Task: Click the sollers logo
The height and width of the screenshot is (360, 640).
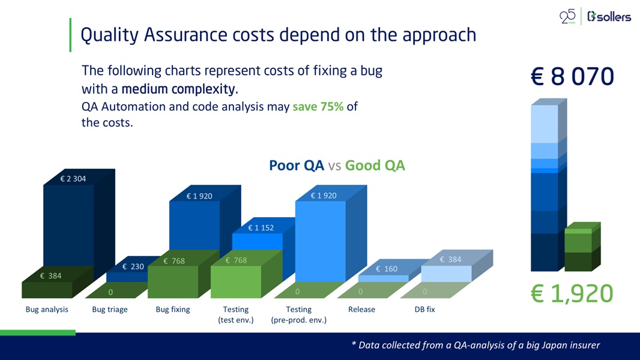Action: click(x=609, y=17)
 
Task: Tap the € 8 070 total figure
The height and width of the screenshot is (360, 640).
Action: click(x=572, y=77)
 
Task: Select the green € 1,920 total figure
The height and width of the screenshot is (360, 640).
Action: click(x=572, y=294)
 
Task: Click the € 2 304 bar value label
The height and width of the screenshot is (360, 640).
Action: click(x=73, y=178)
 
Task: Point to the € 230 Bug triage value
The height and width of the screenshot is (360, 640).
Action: click(x=133, y=266)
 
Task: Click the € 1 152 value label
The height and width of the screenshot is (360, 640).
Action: click(x=261, y=227)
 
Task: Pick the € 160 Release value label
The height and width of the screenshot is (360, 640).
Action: click(x=387, y=269)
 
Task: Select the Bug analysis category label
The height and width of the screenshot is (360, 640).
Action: click(x=47, y=310)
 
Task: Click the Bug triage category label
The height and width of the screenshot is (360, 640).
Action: click(x=110, y=310)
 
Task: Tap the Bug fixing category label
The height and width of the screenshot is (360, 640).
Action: click(x=173, y=310)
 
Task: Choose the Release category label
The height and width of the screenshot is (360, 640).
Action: click(x=361, y=310)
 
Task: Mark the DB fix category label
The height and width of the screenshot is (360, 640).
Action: click(x=424, y=310)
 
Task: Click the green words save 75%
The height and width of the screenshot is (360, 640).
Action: click(x=318, y=107)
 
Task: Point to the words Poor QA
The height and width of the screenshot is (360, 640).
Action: click(x=296, y=166)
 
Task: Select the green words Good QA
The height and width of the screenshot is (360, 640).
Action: click(x=375, y=166)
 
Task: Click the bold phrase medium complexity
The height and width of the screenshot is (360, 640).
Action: click(x=179, y=90)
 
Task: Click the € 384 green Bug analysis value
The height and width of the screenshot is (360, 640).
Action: click(x=50, y=276)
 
